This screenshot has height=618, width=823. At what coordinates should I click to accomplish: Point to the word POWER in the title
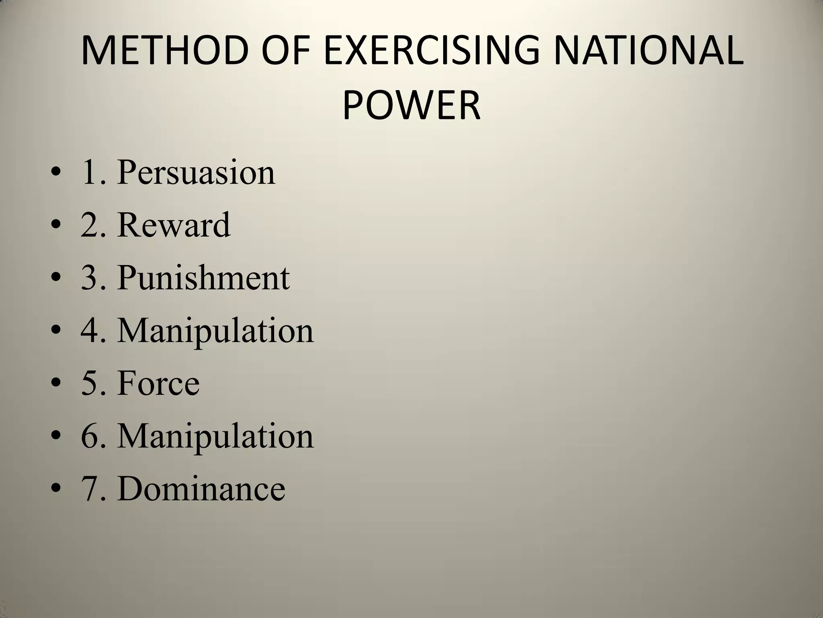411,105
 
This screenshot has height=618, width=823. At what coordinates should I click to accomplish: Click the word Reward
174,225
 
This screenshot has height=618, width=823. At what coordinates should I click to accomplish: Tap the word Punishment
203,278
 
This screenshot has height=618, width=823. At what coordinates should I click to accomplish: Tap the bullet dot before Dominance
56,490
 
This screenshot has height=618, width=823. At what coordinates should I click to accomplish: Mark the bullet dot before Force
56,385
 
